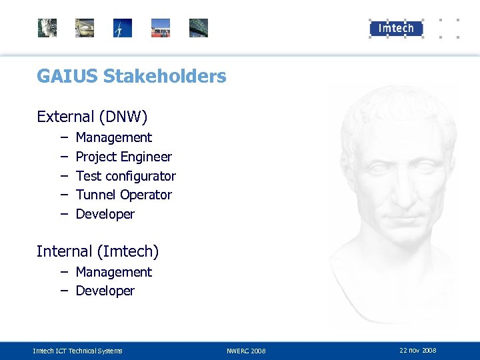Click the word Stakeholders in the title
coord(165,77)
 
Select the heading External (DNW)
coord(92,117)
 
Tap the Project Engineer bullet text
coord(123,157)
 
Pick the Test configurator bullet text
coord(125,176)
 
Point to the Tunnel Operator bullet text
coord(123,195)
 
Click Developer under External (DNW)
coord(105,214)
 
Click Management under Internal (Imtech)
coord(113,272)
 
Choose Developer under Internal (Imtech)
coord(105,291)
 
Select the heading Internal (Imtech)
coord(97,251)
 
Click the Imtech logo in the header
coord(396,28)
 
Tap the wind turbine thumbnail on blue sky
coord(123,28)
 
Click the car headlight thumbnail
coord(85,28)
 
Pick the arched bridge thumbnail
coord(199,28)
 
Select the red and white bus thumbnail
coord(161,28)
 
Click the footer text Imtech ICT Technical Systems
coord(77,351)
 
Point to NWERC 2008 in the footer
coord(246,351)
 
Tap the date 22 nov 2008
coord(418,350)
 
